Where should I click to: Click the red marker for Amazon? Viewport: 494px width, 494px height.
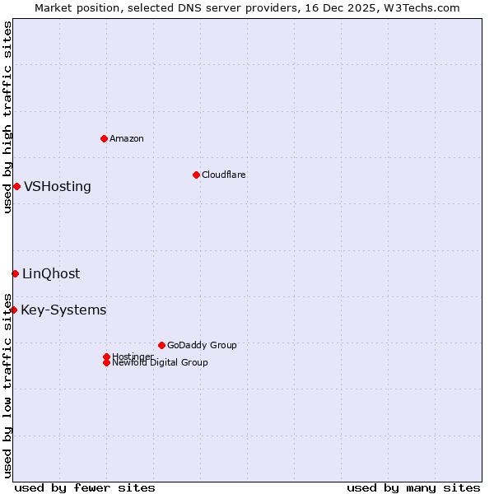click(104, 138)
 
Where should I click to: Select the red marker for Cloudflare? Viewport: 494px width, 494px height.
click(196, 175)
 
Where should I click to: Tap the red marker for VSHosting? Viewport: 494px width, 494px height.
click(16, 186)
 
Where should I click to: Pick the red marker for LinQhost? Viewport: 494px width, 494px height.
click(15, 273)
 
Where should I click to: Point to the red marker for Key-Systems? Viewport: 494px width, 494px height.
click(13, 310)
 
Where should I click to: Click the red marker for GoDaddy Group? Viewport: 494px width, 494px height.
click(161, 345)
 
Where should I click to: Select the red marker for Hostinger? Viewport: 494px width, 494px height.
click(106, 357)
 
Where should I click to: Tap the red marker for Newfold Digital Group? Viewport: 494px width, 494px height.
click(106, 362)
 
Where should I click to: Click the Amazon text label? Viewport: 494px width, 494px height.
click(127, 138)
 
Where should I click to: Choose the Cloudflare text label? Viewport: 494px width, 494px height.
click(224, 175)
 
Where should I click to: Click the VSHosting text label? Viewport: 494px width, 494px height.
click(58, 186)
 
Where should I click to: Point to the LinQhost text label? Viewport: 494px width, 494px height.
click(51, 273)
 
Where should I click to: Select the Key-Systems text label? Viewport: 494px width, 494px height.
click(63, 310)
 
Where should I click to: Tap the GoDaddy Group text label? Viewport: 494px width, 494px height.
click(202, 345)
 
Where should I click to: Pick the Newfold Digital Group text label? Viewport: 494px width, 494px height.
click(161, 362)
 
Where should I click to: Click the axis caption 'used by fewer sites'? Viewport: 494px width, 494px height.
click(85, 487)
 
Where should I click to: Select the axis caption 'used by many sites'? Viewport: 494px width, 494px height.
click(413, 487)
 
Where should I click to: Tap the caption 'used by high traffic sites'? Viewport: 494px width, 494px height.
click(7, 117)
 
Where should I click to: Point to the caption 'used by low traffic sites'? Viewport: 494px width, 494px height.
click(7, 385)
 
